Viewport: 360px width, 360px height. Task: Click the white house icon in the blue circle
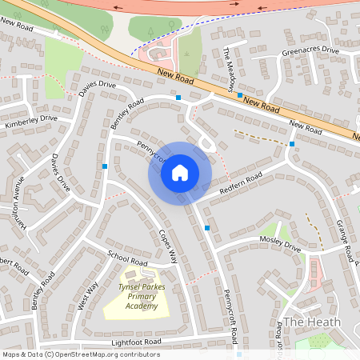180,172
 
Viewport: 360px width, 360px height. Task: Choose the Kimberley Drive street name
31,121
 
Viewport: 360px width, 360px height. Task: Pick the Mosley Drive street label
279,243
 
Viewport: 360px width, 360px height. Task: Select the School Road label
127,258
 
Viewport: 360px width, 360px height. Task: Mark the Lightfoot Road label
137,342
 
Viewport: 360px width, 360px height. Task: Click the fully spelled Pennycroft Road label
230,311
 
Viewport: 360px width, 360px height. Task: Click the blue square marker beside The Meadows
240,95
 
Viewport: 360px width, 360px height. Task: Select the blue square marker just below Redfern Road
207,228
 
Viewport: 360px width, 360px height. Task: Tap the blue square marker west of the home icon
105,166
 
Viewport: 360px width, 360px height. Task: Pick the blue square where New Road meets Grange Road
292,144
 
